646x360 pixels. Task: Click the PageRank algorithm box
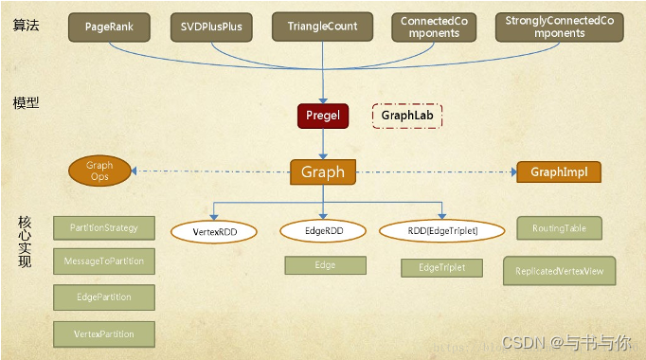click(109, 27)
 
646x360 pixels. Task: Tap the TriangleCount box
click(321, 27)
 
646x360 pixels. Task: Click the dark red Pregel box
click(324, 117)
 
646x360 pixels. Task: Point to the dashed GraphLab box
click(407, 116)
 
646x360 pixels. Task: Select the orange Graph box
click(323, 171)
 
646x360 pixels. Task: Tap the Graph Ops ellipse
click(99, 171)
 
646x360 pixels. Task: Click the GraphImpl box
click(559, 171)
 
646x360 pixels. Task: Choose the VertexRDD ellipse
click(213, 230)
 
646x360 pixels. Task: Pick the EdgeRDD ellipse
click(324, 230)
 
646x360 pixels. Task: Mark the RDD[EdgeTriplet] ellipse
click(441, 230)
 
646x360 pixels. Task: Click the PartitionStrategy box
click(104, 227)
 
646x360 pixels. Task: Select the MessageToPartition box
click(103, 261)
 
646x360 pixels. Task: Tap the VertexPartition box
click(104, 333)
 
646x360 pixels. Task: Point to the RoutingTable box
click(559, 228)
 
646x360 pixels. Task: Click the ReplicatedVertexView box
click(559, 270)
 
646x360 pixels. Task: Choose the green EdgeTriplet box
click(440, 268)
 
